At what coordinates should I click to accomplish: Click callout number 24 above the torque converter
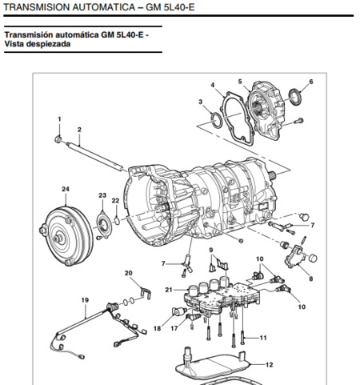[x=65, y=189]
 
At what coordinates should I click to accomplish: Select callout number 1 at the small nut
[x=58, y=119]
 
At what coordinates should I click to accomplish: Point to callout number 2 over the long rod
[x=78, y=129]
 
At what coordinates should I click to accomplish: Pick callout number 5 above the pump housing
[x=239, y=81]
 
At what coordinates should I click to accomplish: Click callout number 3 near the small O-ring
[x=201, y=102]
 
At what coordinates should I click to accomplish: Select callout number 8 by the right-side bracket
[x=310, y=280]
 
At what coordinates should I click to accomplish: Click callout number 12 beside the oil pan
[x=268, y=364]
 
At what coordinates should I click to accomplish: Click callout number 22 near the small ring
[x=115, y=200]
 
